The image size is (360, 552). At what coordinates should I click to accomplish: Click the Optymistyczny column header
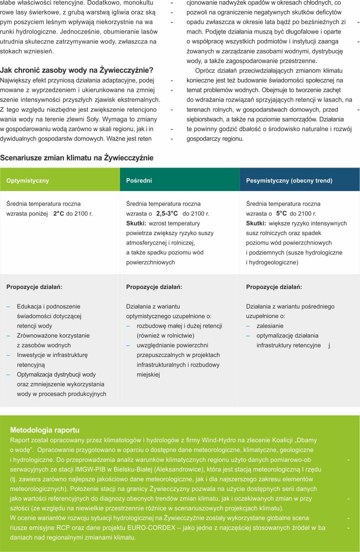(x=28, y=180)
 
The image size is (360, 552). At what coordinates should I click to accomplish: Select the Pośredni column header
(x=139, y=180)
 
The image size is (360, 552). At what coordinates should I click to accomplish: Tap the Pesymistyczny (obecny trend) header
(x=289, y=180)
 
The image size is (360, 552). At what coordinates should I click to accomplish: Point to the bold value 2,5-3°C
(x=167, y=213)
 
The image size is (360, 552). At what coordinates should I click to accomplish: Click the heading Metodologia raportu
(x=44, y=429)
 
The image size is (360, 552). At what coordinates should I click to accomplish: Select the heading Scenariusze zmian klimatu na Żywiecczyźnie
(x=76, y=158)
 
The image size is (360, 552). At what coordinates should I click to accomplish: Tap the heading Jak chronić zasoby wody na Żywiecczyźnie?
(x=76, y=70)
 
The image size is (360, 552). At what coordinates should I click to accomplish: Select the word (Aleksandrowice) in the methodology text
(x=201, y=469)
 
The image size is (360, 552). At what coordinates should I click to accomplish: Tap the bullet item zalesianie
(x=270, y=325)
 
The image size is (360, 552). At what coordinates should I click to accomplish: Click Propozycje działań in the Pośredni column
(x=154, y=287)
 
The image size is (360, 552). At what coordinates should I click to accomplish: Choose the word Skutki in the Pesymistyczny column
(x=256, y=223)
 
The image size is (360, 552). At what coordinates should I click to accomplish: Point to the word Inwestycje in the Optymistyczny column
(x=32, y=355)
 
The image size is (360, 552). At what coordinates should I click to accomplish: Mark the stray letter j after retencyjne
(x=329, y=345)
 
